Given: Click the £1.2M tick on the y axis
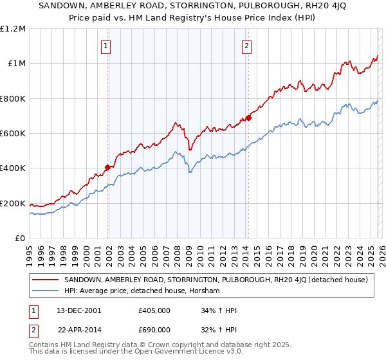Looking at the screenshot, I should [14, 28].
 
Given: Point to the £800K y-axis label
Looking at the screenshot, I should [14, 98].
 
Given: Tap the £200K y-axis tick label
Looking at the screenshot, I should [14, 203].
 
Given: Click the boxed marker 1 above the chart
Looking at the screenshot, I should [106, 45].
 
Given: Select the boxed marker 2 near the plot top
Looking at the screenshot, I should [247, 45].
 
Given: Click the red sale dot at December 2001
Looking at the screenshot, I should [108, 167].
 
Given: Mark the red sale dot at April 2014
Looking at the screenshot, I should [248, 118].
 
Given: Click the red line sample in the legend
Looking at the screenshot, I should [45, 280].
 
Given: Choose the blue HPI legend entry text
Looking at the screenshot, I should [142, 291].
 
